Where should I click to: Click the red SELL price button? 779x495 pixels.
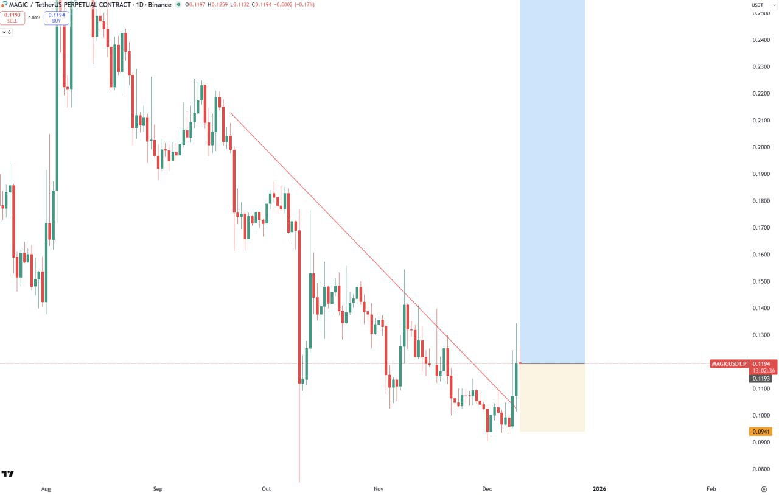[x=12, y=18]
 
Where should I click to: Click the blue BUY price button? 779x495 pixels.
[x=57, y=18]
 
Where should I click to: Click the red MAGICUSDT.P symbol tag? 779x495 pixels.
[x=728, y=364]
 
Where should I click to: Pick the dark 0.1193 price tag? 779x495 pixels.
[x=761, y=379]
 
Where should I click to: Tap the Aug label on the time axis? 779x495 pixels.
[x=45, y=489]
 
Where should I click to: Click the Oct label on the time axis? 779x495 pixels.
[x=266, y=489]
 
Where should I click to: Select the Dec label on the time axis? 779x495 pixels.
[x=486, y=489]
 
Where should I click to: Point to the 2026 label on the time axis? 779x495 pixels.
[x=599, y=489]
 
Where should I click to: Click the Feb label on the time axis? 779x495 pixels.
[x=711, y=489]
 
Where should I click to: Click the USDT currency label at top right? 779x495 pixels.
[x=758, y=5]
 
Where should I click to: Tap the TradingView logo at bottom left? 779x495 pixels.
[x=8, y=474]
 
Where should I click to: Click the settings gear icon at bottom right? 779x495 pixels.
[x=764, y=489]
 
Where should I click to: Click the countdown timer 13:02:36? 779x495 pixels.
[x=763, y=371]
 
